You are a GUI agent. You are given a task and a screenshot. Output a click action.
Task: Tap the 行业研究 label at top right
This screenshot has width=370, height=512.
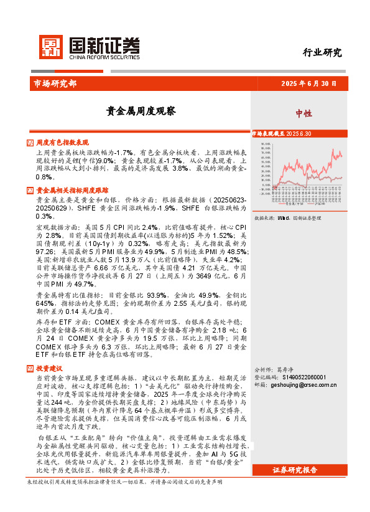322,53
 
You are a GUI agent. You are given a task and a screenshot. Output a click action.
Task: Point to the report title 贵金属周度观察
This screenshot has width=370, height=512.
141,112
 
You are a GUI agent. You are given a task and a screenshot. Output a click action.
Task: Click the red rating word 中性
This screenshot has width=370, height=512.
303,113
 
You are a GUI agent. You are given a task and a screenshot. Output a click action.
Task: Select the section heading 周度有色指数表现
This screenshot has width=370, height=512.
63,143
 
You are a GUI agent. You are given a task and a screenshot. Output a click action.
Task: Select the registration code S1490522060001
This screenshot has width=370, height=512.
304,377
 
